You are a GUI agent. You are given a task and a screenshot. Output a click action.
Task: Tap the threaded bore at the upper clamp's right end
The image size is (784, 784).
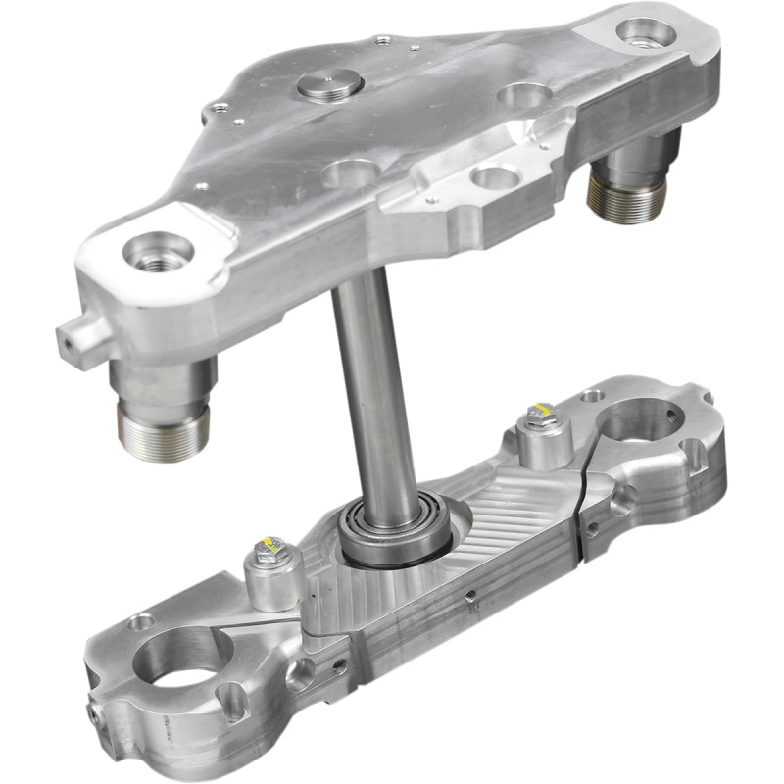coord(646,33)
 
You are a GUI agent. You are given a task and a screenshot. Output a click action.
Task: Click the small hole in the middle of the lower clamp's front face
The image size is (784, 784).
coord(469,594)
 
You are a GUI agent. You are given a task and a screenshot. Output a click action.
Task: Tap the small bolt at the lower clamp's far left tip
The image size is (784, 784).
coord(95,716)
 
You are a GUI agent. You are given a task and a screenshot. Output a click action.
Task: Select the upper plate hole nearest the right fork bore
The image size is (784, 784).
coord(520,96)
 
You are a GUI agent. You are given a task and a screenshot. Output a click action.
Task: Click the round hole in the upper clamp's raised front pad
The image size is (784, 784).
coord(492,177)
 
